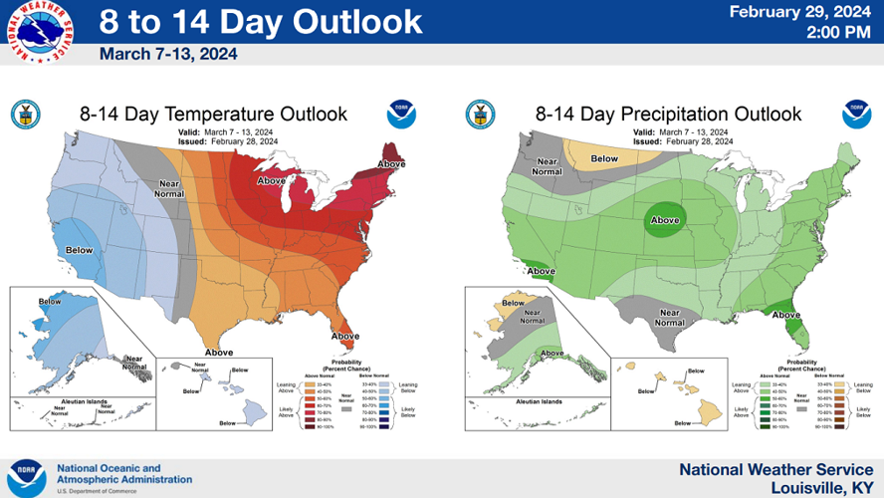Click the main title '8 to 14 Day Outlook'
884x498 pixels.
coord(261,22)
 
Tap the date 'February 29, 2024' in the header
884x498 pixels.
coord(800,12)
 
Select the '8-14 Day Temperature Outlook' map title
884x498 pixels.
coord(213,114)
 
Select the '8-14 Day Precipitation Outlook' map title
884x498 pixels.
coord(666,114)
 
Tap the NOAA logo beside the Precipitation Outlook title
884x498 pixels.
coord(856,114)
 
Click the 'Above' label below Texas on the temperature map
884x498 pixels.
coord(219,352)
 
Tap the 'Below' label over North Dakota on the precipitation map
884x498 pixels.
coord(604,157)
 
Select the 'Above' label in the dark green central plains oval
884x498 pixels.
coord(665,220)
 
